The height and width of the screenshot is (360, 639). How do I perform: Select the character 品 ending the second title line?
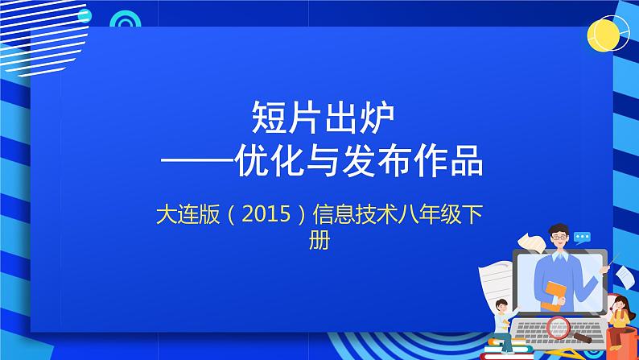(467, 161)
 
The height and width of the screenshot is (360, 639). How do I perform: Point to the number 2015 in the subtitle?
(266, 213)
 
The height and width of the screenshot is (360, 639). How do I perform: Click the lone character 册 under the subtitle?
(319, 240)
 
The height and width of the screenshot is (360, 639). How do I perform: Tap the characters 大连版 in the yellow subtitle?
(188, 214)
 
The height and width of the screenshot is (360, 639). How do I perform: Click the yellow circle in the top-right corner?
(603, 35)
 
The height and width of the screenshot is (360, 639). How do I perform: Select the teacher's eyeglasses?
(559, 238)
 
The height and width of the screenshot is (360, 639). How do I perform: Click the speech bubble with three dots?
(582, 238)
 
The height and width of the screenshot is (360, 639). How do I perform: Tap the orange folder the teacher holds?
(554, 296)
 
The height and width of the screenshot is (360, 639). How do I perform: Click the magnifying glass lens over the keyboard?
(559, 328)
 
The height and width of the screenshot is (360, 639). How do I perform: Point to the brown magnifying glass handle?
(582, 338)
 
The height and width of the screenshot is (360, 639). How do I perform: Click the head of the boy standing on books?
(501, 305)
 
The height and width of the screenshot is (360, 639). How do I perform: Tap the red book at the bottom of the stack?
(506, 356)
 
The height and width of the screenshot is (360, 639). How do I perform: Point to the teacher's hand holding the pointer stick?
(605, 268)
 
